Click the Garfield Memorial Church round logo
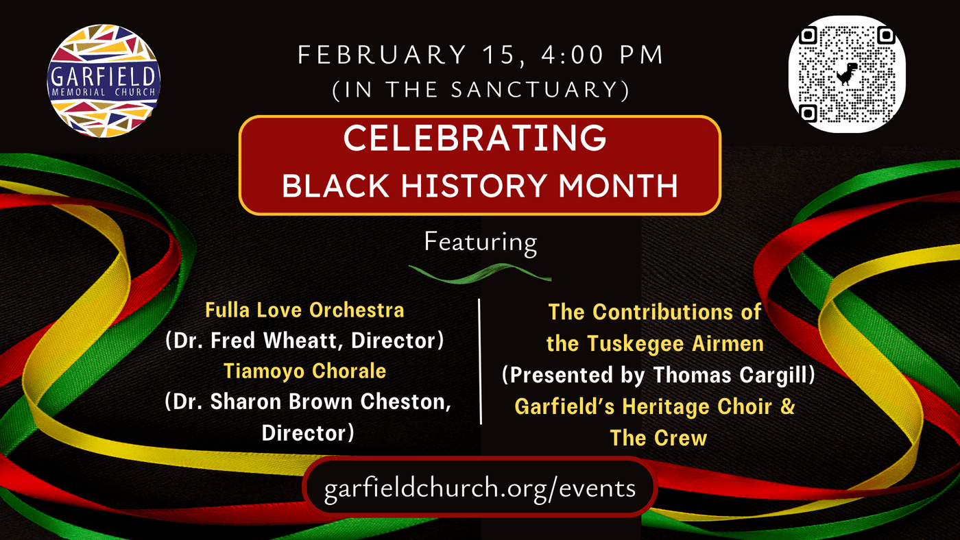click(104, 81)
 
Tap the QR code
click(848, 74)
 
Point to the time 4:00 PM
click(603, 55)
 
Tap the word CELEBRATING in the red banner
click(475, 138)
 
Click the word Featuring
click(481, 243)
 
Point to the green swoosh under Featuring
click(480, 273)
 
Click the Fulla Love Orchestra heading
click(304, 310)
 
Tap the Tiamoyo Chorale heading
click(304, 371)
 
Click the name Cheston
click(405, 402)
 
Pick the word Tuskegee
click(635, 344)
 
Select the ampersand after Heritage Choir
click(788, 406)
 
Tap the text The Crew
click(658, 438)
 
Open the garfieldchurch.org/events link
click(480, 488)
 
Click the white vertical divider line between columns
click(480, 361)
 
